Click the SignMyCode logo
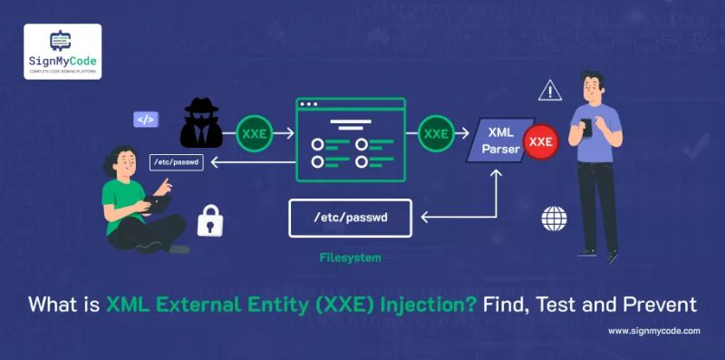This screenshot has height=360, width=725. pos(63,51)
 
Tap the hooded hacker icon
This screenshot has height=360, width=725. pos(200,124)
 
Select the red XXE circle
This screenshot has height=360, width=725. pos(541,141)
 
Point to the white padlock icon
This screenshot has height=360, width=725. pos(210,220)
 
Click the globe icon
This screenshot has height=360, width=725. pos(554,219)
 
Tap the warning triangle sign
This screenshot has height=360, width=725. pos(549,90)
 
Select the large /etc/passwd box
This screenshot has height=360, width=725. pos(350,218)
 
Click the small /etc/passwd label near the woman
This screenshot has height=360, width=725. pos(177,162)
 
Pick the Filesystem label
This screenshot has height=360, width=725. pos(350,258)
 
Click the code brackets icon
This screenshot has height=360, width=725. pos(145,119)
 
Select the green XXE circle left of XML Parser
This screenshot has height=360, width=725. pos(437,133)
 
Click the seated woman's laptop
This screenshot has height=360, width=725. pos(158,204)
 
